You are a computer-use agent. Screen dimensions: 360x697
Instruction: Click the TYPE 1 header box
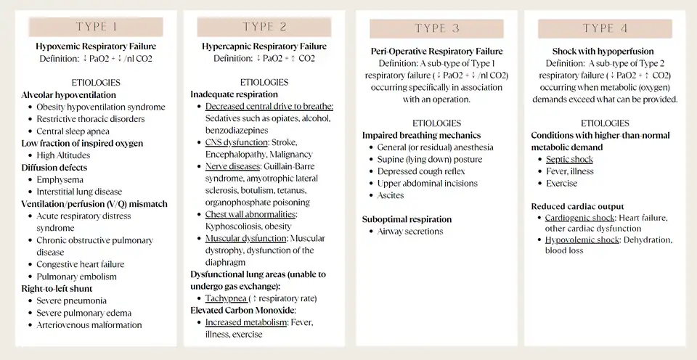tap(96, 27)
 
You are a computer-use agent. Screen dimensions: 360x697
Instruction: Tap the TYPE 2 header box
tap(264, 27)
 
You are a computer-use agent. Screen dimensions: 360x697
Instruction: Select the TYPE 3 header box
tap(436, 28)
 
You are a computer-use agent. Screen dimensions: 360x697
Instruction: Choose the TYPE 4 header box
tap(604, 28)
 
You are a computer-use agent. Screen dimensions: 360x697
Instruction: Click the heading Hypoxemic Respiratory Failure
tap(96, 46)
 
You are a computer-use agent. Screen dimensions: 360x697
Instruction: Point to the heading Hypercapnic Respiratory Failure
tap(264, 46)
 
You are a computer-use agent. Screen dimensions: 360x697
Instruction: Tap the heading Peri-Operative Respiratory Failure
tap(436, 52)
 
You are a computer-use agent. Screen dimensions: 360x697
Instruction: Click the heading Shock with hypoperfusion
tap(604, 52)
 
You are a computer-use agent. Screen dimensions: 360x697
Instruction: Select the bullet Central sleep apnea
tap(73, 131)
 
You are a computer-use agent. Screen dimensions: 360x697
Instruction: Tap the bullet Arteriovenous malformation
tap(89, 325)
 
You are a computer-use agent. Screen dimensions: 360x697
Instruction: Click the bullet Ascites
tap(391, 195)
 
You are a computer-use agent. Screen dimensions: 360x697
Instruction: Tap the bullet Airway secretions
tap(410, 232)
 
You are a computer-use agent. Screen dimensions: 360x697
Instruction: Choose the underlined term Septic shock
tap(569, 159)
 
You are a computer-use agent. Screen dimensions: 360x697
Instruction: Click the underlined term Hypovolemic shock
tap(582, 240)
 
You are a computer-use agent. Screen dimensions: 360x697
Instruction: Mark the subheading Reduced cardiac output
tap(578, 207)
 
